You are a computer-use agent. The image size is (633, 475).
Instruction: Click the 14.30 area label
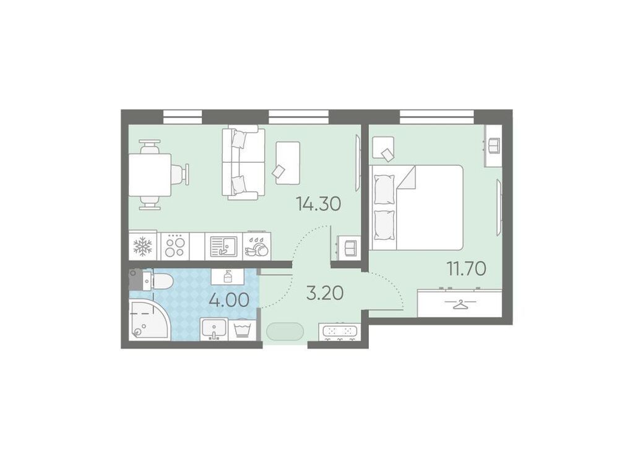click(x=319, y=204)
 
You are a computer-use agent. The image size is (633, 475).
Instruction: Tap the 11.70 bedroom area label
click(x=466, y=268)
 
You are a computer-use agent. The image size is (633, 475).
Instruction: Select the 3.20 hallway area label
click(x=325, y=293)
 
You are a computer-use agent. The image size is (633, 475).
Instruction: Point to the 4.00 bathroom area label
click(x=229, y=300)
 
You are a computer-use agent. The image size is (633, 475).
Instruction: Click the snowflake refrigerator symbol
click(x=142, y=246)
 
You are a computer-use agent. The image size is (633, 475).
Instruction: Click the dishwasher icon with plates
click(x=257, y=246)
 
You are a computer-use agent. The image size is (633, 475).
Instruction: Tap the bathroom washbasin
click(x=214, y=328)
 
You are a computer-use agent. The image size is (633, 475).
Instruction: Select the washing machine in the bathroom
click(x=243, y=329)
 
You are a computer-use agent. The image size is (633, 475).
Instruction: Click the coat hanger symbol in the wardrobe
click(x=460, y=304)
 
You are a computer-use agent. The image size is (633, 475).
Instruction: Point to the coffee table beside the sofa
click(x=288, y=163)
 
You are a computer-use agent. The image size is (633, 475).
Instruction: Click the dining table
click(x=150, y=174)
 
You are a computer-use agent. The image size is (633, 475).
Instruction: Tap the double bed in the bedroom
click(x=416, y=207)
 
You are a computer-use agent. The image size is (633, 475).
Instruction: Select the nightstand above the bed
click(x=382, y=149)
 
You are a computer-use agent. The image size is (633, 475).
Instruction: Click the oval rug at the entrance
click(x=285, y=332)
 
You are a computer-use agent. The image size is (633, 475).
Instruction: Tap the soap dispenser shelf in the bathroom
click(x=227, y=276)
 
